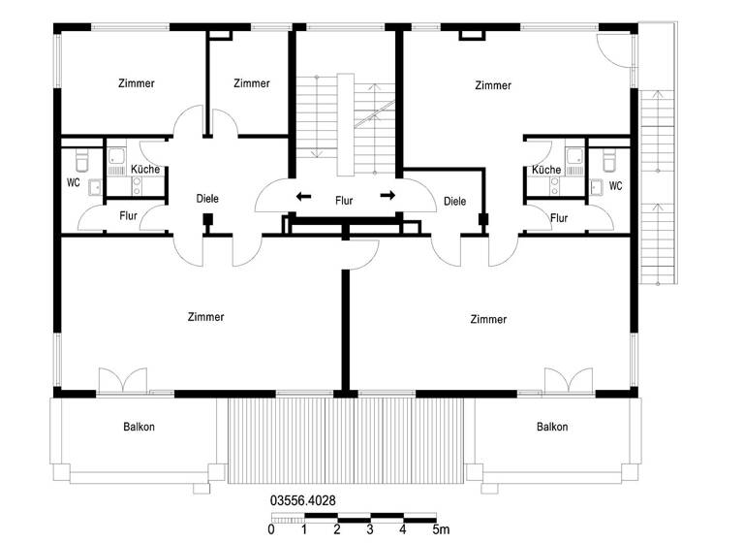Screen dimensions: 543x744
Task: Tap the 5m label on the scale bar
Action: pyautogui.click(x=440, y=529)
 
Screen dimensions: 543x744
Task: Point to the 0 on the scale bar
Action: pyautogui.click(x=270, y=529)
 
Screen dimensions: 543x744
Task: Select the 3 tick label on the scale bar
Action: pyautogui.click(x=370, y=529)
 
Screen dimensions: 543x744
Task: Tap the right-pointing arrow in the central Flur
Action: pyautogui.click(x=387, y=196)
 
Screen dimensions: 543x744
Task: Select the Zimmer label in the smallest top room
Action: pyautogui.click(x=251, y=83)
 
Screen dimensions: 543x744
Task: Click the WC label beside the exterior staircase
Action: pyautogui.click(x=615, y=185)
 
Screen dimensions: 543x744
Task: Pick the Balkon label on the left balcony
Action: pyautogui.click(x=139, y=427)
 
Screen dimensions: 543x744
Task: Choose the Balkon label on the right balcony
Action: pyautogui.click(x=552, y=427)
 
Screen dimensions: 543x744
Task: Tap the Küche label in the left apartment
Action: pyautogui.click(x=144, y=170)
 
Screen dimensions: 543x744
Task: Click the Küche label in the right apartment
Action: pyautogui.click(x=546, y=170)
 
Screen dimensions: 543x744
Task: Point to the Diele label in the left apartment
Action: pyautogui.click(x=206, y=199)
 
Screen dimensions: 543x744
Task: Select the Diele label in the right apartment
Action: pyautogui.click(x=454, y=202)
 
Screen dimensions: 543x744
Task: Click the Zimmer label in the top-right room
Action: pyautogui.click(x=493, y=85)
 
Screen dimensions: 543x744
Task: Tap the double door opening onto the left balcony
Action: pyautogui.click(x=122, y=380)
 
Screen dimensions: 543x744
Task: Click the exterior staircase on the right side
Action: pyautogui.click(x=657, y=184)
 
